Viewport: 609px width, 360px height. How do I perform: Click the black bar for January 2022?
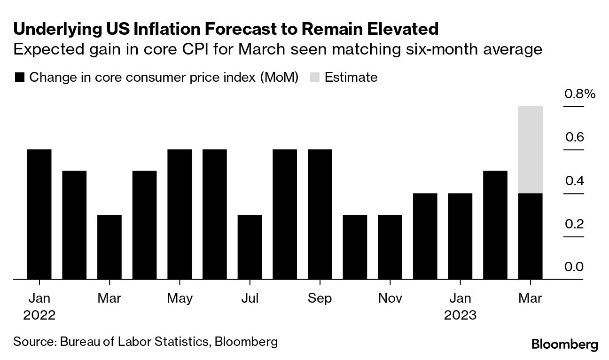39,214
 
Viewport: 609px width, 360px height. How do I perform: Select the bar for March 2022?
109,247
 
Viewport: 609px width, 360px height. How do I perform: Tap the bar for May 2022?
180,214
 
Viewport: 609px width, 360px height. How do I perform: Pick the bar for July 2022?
250,247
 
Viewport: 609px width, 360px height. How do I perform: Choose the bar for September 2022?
320,214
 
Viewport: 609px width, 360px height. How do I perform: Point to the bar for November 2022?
390,247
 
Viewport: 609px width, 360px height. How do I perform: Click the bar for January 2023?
460,236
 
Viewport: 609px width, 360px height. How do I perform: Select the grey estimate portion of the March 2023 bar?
530,149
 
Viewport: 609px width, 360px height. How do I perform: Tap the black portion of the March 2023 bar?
530,236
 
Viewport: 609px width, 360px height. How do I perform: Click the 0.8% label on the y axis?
579,94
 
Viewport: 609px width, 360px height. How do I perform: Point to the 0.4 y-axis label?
574,180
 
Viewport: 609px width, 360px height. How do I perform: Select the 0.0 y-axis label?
574,267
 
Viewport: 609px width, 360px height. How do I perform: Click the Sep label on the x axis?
320,298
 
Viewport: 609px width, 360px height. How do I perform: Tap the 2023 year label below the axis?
460,314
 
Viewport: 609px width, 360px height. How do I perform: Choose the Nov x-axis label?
390,298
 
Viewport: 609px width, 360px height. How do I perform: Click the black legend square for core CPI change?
19,77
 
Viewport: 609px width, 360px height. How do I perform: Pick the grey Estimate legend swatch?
315,77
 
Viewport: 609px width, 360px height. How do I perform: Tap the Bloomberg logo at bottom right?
565,344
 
